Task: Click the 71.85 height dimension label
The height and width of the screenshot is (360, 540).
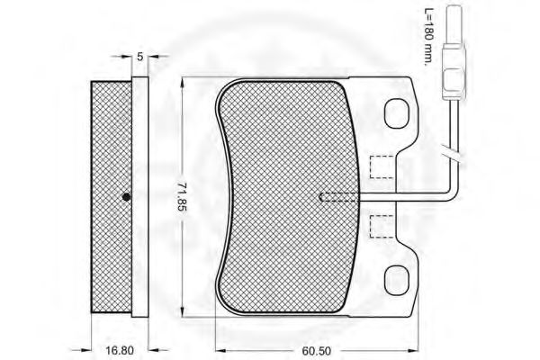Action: tap(182, 196)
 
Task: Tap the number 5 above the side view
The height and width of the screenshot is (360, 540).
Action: tap(140, 57)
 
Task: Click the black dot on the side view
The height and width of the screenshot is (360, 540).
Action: tap(126, 197)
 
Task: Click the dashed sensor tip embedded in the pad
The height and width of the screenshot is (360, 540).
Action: tap(337, 197)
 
